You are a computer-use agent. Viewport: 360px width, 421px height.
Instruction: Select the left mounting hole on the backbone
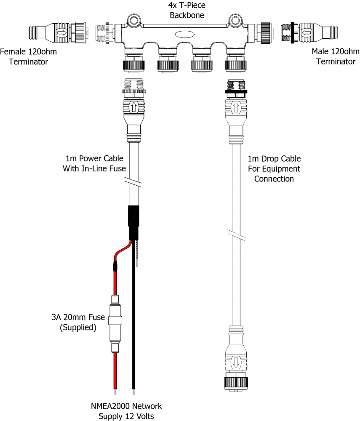(x=135, y=20)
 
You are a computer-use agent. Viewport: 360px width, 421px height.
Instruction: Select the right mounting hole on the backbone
(x=235, y=20)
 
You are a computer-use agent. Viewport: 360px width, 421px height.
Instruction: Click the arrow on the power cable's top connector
(x=133, y=107)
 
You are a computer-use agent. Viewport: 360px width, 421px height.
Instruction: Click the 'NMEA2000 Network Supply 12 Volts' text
(x=126, y=411)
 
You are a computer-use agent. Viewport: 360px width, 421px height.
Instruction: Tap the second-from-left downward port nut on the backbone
(x=167, y=65)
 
